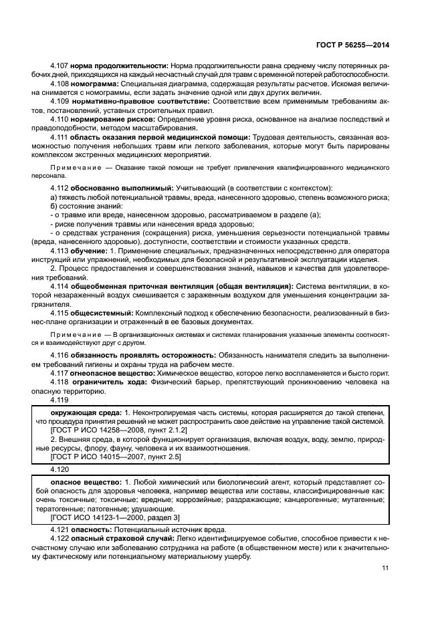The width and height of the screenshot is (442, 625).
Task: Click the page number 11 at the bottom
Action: pos(385,568)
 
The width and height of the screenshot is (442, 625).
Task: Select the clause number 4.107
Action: pos(61,66)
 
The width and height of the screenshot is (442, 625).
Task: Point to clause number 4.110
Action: pos(61,118)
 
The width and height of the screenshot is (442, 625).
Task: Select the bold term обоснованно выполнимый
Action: pos(124,189)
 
